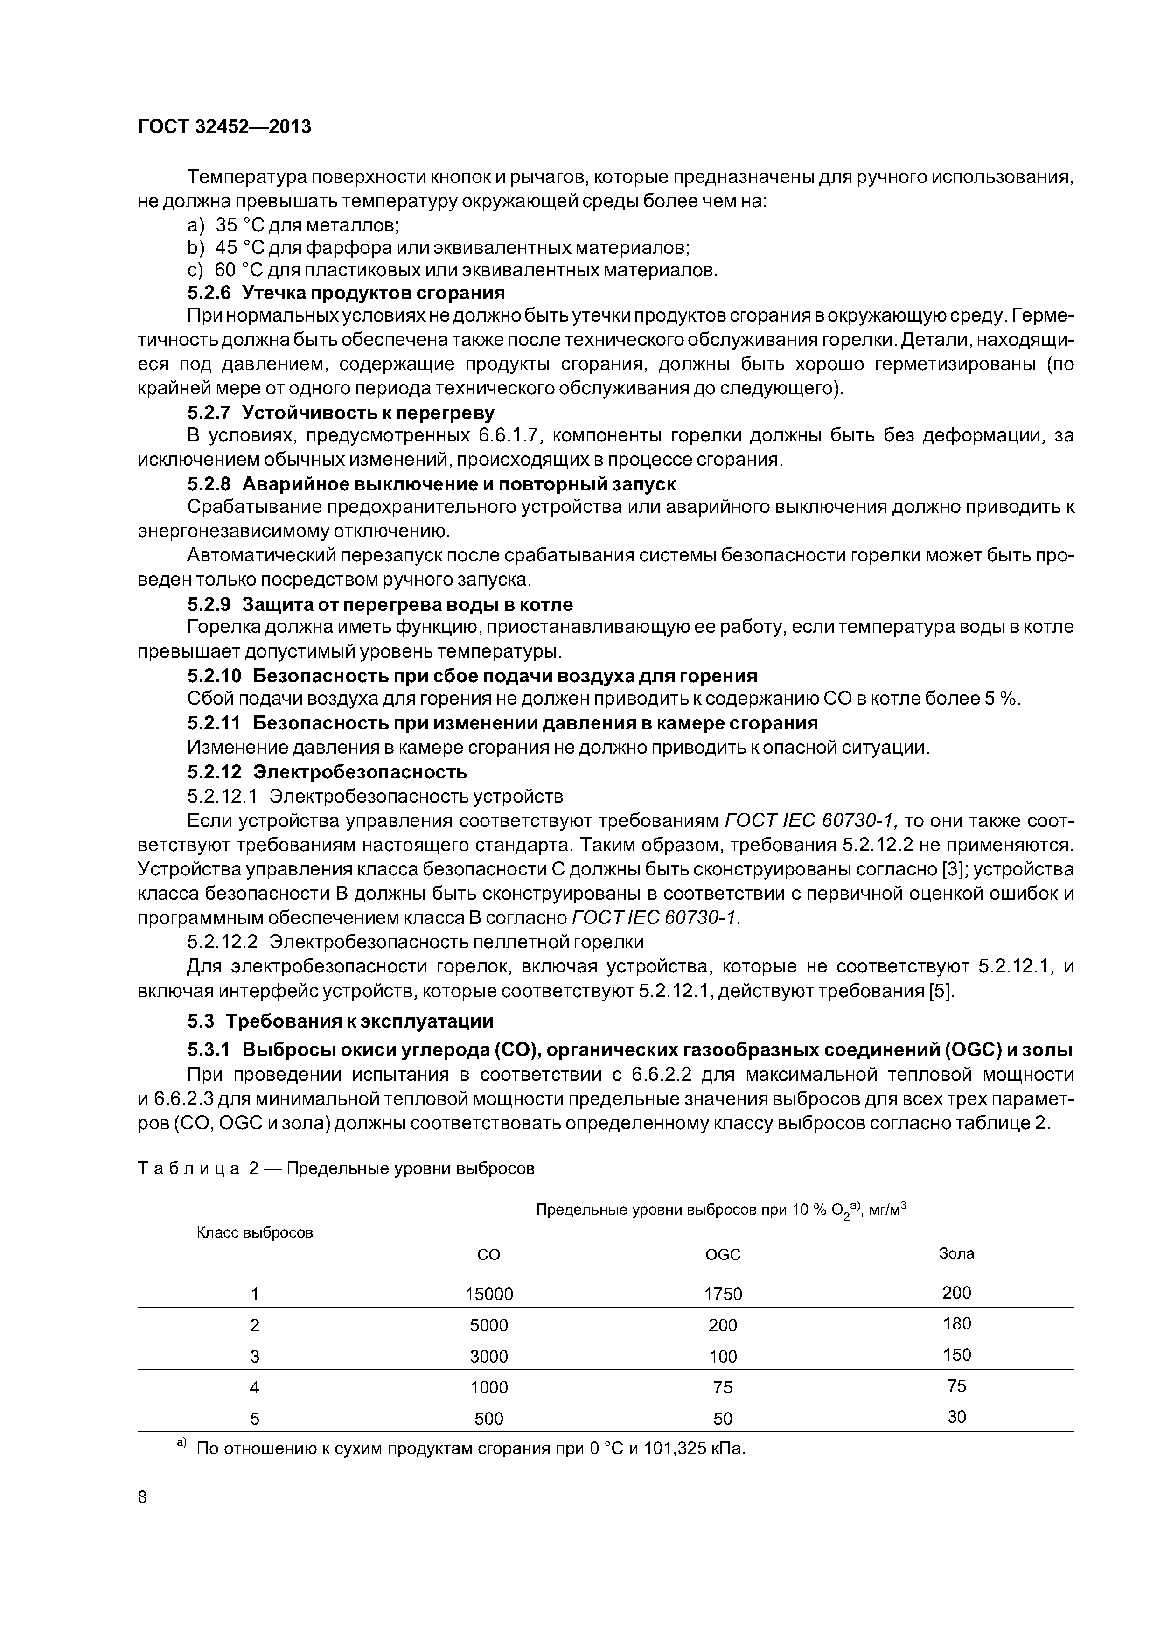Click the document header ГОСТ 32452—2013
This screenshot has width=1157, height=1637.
(224, 127)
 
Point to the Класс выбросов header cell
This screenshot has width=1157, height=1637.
(255, 1233)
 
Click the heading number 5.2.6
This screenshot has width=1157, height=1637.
(209, 293)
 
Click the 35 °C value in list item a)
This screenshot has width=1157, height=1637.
(239, 225)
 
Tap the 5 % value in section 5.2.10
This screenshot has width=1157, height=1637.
(1001, 699)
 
